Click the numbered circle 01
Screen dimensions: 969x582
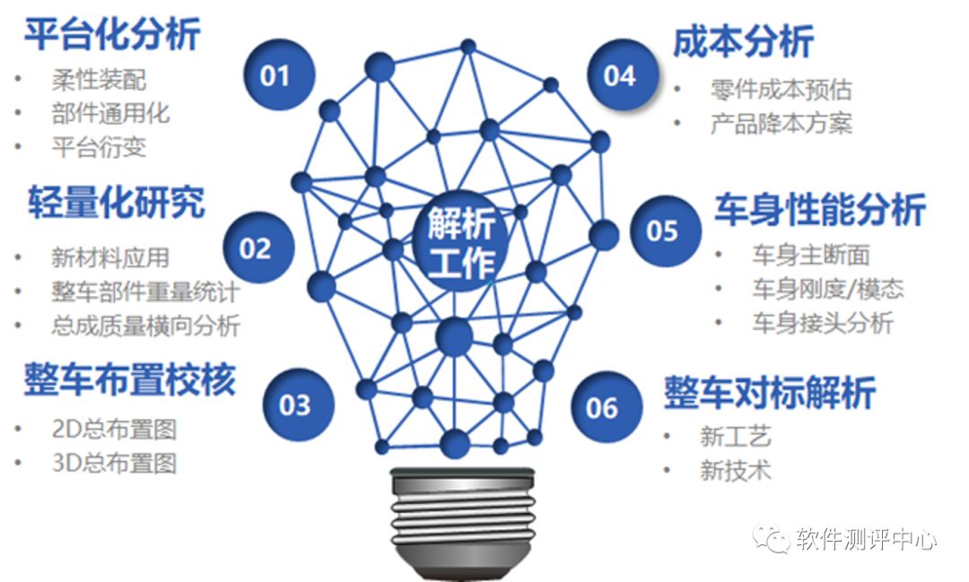tap(279, 74)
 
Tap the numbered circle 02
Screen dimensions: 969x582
tap(259, 248)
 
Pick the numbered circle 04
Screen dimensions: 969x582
tap(623, 74)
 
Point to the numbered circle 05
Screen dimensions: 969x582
tap(666, 231)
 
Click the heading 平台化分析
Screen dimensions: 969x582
tap(112, 34)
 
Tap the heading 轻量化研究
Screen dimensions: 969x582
tap(116, 202)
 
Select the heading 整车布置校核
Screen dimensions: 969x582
tap(130, 378)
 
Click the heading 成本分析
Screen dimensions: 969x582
tap(744, 41)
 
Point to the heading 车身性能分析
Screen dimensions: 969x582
tap(820, 210)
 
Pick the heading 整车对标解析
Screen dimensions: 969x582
tap(770, 392)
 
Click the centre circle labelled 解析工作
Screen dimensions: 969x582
tap(462, 241)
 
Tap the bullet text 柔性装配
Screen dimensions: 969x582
tap(99, 80)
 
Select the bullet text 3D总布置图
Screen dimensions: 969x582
tap(114, 463)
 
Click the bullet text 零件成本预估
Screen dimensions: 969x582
tap(781, 90)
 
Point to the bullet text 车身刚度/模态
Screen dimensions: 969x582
tap(828, 289)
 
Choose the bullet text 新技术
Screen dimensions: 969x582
tap(736, 470)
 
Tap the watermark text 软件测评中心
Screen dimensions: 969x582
tap(866, 539)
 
